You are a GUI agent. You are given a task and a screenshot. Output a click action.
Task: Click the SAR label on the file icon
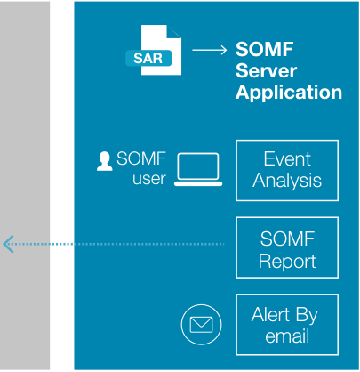click(148, 58)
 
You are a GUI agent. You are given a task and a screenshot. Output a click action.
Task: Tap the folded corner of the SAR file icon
click(174, 31)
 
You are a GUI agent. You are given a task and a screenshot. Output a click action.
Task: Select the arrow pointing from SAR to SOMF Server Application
click(210, 50)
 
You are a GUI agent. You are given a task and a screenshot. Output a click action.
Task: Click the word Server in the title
click(266, 70)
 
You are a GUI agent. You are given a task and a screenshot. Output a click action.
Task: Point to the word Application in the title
click(289, 93)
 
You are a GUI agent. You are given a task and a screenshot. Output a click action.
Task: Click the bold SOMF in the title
click(265, 49)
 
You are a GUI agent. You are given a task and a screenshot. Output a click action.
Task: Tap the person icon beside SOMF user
click(105, 161)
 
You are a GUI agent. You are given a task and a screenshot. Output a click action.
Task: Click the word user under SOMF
click(149, 179)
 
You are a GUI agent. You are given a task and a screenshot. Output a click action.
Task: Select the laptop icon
click(198, 170)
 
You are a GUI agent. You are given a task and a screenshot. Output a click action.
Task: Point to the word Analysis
click(287, 181)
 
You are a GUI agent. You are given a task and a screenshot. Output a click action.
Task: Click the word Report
click(287, 261)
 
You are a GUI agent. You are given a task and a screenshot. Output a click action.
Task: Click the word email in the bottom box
click(287, 336)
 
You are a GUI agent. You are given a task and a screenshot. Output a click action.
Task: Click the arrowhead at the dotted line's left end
click(7, 244)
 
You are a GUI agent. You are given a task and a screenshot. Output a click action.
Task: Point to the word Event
click(287, 158)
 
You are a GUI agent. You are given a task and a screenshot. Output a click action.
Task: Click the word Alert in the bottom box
click(270, 314)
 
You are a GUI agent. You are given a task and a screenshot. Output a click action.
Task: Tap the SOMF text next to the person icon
click(141, 158)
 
